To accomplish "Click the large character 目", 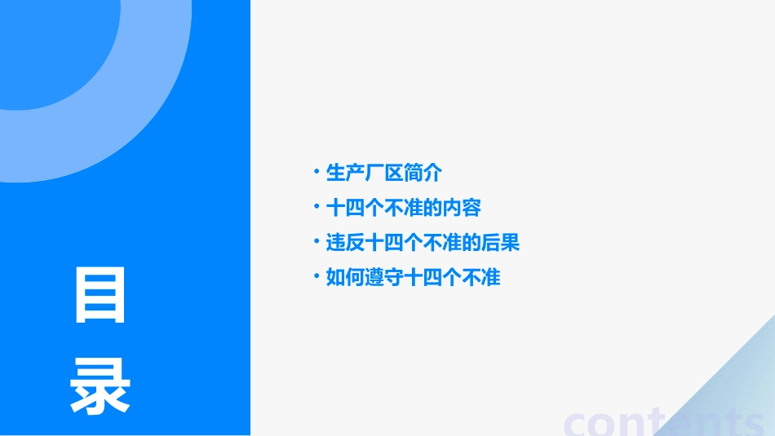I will click(x=100, y=295).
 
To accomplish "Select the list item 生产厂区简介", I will click(x=383, y=173).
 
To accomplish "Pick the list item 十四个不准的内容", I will click(x=403, y=208).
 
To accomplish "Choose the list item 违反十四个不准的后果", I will click(x=423, y=243).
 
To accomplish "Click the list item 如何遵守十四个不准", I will click(x=413, y=278).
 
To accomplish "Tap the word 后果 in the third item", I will click(x=501, y=243).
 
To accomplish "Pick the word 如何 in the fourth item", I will click(x=345, y=278).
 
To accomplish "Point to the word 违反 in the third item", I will click(x=345, y=243).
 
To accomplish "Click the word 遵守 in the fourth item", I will click(x=384, y=278).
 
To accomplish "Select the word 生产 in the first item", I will click(x=345, y=173).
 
